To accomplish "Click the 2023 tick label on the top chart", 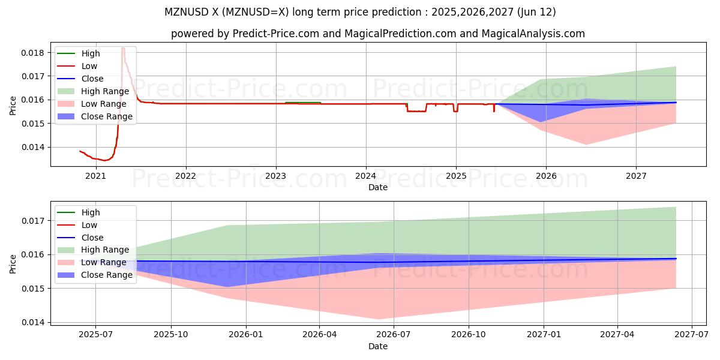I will pos(275,176).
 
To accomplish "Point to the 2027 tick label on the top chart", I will pos(636,176).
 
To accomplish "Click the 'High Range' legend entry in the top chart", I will pos(105,91).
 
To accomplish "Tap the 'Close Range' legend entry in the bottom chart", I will pos(106,275).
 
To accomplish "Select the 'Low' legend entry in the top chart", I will pos(89,66).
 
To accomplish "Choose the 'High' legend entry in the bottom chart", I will pos(91,212).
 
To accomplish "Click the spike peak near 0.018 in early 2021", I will pos(122,47).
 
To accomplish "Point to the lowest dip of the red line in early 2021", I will pos(104,160).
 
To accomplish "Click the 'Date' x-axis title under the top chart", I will pos(378,187).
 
